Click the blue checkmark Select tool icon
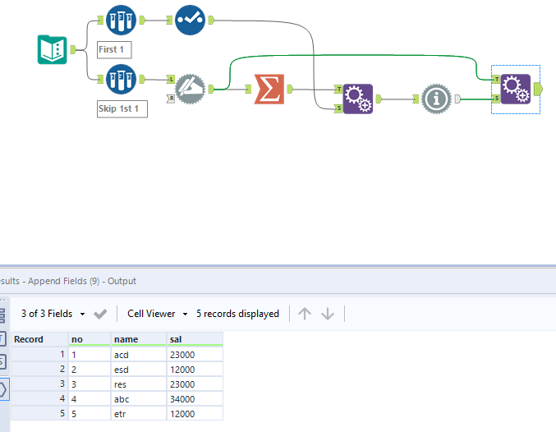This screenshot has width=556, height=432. coord(190,21)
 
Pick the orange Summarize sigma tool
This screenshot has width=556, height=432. coord(269,89)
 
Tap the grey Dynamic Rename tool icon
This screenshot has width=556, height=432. coord(191,89)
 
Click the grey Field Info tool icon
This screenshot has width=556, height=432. coord(437,99)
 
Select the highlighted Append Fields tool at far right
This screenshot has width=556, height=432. coord(515,89)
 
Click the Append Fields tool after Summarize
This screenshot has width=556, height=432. coord(357,99)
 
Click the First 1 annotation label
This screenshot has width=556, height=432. coord(113,49)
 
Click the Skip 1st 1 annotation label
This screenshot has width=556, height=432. coord(122,108)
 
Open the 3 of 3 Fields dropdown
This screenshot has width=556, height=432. coord(53,314)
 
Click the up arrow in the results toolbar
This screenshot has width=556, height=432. coord(305,314)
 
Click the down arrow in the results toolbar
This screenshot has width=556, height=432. coord(328,314)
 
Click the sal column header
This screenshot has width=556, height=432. coord(194,338)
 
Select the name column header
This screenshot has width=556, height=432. coord(137,338)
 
